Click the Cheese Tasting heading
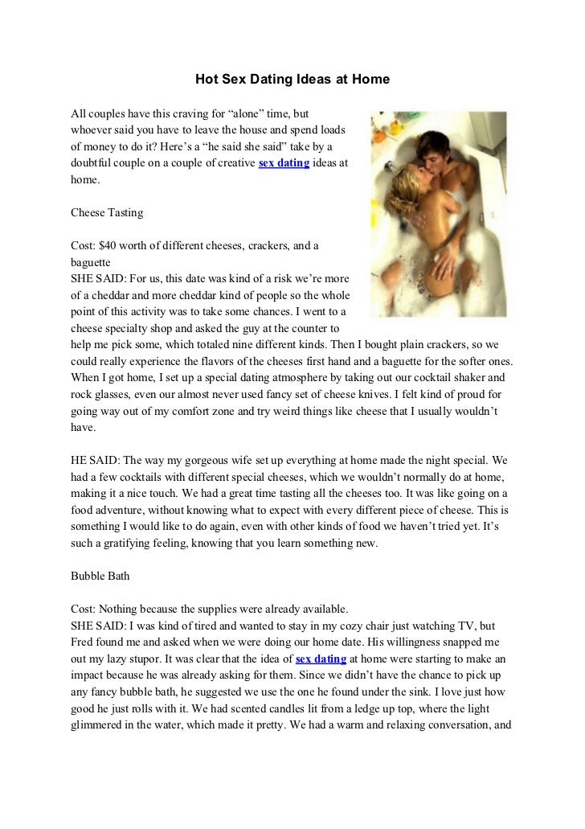tap(107, 213)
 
